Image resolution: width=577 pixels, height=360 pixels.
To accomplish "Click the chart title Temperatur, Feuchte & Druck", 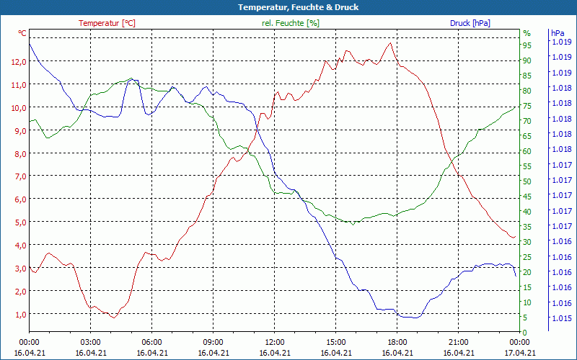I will click(x=288, y=7).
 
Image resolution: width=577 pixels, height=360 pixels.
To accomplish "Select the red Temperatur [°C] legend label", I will click(x=107, y=23).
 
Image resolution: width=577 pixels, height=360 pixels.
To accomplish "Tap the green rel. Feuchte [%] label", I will click(x=291, y=23).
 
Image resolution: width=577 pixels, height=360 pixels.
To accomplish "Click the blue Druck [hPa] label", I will click(x=470, y=23).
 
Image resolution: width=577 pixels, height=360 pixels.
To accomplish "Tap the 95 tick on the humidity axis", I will click(x=527, y=45).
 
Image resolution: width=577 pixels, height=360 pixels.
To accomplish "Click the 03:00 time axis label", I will click(x=90, y=342).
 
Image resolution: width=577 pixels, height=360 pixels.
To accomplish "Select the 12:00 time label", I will click(x=274, y=342).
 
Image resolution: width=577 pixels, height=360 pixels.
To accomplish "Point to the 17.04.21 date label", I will click(x=519, y=353).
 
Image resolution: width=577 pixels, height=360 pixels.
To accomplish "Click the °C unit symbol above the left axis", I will click(x=22, y=33).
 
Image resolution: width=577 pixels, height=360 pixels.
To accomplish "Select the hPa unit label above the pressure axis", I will click(x=558, y=33).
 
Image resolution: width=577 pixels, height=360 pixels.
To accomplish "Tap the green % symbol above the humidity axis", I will click(x=527, y=33).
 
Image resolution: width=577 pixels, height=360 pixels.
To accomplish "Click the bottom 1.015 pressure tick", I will click(x=562, y=318).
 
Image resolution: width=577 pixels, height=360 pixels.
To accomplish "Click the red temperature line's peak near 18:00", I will click(x=390, y=42).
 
